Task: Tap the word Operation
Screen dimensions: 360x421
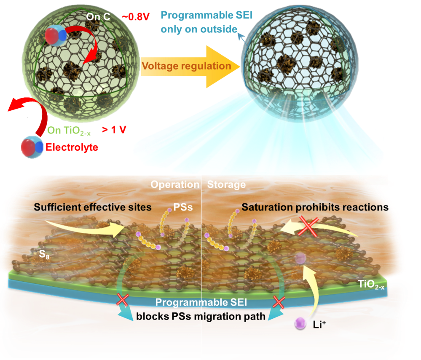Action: tap(175, 185)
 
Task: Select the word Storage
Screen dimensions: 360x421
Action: tap(226, 185)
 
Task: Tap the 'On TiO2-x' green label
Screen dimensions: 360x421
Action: tap(68, 130)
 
